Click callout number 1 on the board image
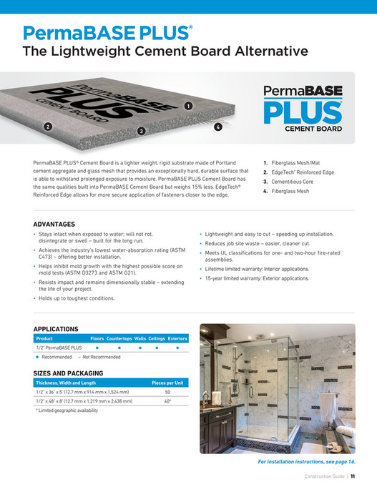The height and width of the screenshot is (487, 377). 188,105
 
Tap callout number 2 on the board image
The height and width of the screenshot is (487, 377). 47,127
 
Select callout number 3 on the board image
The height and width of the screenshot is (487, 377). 142,131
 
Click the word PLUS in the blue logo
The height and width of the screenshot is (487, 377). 303,112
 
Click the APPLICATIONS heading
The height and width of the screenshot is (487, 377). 56,329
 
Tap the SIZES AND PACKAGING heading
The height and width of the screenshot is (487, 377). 69,373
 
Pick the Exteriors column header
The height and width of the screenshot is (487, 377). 177,338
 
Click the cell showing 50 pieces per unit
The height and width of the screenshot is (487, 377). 167,393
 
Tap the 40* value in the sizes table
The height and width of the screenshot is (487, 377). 167,402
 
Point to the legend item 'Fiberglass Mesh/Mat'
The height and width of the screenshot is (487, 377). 295,163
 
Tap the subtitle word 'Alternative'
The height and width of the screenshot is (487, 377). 263,51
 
